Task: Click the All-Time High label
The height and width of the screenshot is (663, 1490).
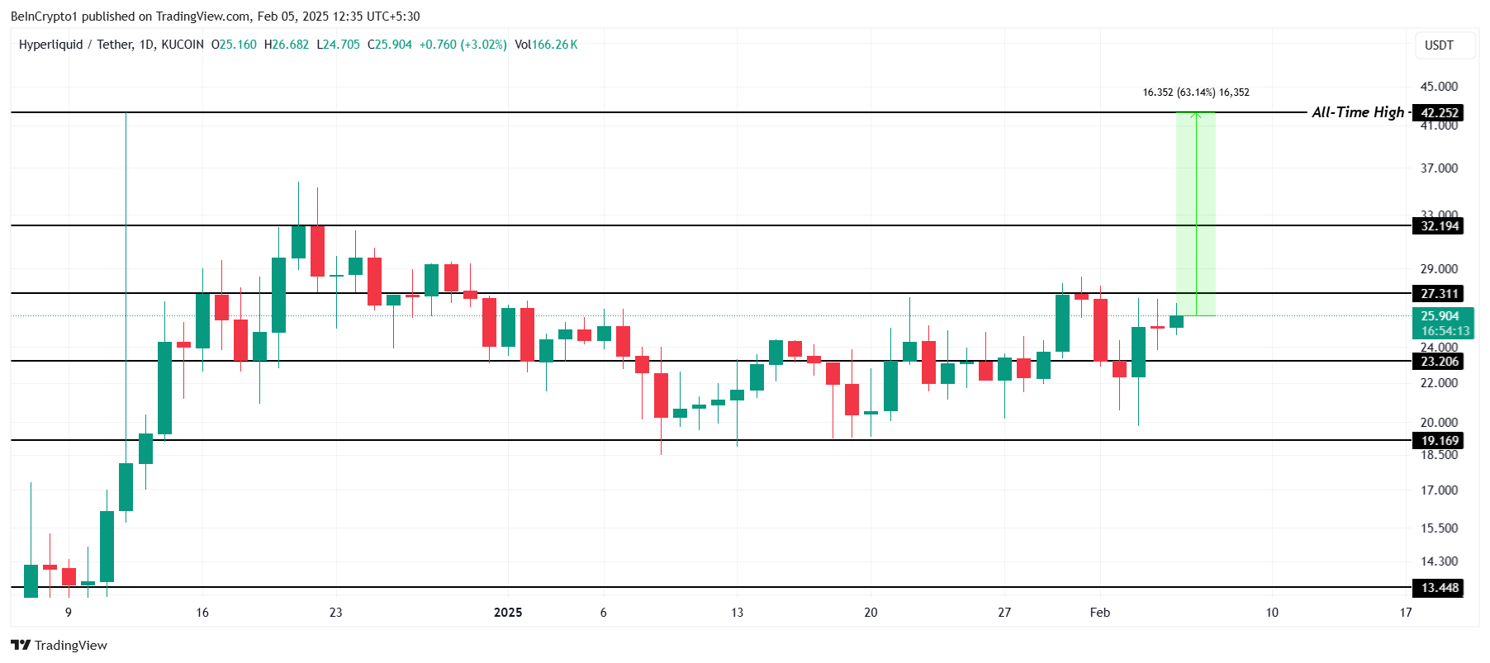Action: (x=1357, y=112)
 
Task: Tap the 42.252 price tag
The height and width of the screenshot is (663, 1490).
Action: (x=1439, y=113)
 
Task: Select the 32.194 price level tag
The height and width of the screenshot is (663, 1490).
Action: (x=1439, y=226)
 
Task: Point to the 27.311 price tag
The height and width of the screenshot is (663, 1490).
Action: (x=1439, y=294)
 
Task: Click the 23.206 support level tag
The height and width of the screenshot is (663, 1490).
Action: (x=1439, y=362)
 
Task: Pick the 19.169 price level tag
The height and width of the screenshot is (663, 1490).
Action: (x=1439, y=441)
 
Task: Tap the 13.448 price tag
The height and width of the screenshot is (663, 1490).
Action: (x=1439, y=588)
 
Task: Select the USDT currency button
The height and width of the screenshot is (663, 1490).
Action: (x=1439, y=45)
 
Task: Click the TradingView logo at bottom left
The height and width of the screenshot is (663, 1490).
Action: (x=59, y=645)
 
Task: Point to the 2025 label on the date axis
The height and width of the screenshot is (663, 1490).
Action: (x=508, y=613)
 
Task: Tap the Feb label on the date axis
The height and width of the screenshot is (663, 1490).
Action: (x=1099, y=613)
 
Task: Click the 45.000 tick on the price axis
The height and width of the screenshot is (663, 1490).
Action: (x=1439, y=86)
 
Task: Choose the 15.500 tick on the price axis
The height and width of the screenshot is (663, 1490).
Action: (x=1439, y=528)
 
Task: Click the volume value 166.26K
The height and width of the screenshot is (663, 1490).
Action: (x=554, y=45)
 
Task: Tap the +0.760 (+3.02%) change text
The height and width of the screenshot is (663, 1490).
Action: (x=463, y=45)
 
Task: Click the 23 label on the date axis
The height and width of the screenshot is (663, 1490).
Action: (x=335, y=613)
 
